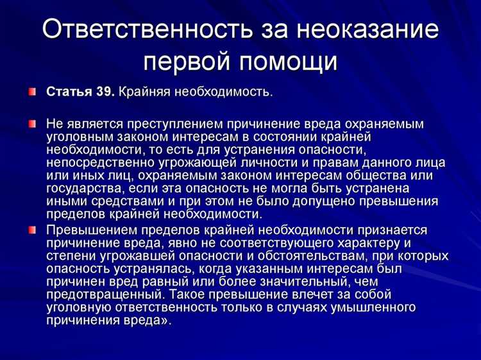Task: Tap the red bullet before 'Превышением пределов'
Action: pyautogui.click(x=33, y=229)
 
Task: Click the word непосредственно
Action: pyautogui.click(x=100, y=163)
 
